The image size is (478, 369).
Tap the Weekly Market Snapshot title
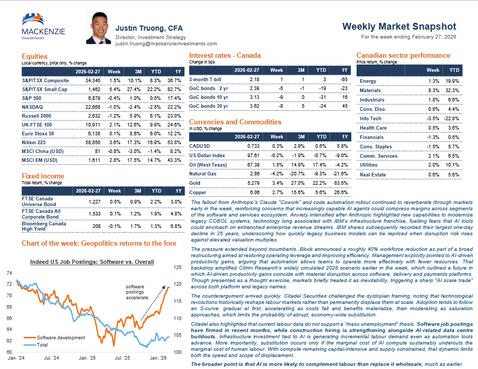click(399, 27)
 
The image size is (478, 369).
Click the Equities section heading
click(34, 56)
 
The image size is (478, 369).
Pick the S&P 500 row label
click(32, 98)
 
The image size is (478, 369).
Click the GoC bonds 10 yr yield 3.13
click(254, 97)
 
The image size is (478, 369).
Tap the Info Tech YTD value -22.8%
click(451, 119)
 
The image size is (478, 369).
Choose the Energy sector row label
click(368, 81)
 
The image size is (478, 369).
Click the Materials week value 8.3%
click(433, 91)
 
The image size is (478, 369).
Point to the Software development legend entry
click(60, 337)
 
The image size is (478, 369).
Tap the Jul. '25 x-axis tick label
click(123, 358)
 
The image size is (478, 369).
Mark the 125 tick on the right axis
click(177, 268)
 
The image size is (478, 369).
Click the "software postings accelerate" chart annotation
click(137, 292)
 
